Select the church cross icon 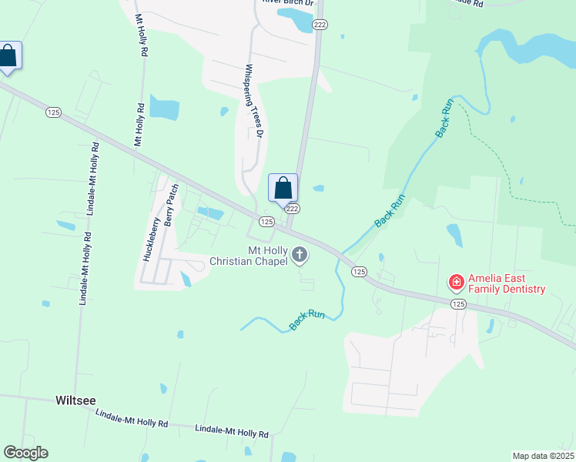(300, 256)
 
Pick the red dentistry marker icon (456, 283)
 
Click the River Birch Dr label (289, 2)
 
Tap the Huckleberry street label (152, 239)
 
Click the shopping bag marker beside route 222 (283, 188)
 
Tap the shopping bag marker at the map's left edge (8, 56)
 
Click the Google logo (25, 453)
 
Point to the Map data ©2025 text (543, 456)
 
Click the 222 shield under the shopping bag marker (292, 209)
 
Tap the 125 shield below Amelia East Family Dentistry (459, 304)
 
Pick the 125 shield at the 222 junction (266, 222)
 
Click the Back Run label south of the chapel (306, 320)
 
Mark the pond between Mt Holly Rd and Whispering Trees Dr (164, 108)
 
